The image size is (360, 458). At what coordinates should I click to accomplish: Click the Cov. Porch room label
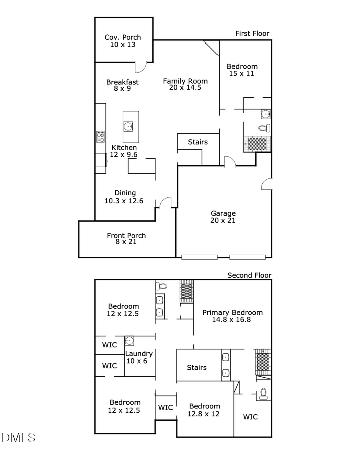coord(123,38)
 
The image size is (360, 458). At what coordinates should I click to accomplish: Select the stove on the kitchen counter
coord(101,137)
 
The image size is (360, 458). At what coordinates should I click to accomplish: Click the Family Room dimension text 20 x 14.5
coord(185,88)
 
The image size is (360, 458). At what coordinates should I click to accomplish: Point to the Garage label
coord(223,213)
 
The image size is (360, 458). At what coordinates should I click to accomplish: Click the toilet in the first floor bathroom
coord(264,128)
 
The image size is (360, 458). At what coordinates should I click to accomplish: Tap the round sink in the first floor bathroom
coord(265,114)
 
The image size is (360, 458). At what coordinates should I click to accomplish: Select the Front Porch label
coord(126,236)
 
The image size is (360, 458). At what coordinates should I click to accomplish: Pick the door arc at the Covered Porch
coord(141,67)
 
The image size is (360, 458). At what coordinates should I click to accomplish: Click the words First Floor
coord(252,34)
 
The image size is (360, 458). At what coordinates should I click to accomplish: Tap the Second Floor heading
coord(249,275)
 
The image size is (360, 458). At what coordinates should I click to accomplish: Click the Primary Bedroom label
coord(232,313)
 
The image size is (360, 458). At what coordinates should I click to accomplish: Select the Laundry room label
coord(139,354)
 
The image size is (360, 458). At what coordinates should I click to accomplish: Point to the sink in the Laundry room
coord(129,341)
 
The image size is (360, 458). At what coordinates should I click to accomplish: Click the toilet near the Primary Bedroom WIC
coord(264,394)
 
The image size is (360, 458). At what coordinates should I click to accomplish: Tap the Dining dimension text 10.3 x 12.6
coord(124,201)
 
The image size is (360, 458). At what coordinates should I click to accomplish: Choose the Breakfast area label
coord(122,82)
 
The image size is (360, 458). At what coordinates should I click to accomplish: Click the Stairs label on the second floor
coord(197,368)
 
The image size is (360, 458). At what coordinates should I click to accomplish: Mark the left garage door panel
coord(199,257)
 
